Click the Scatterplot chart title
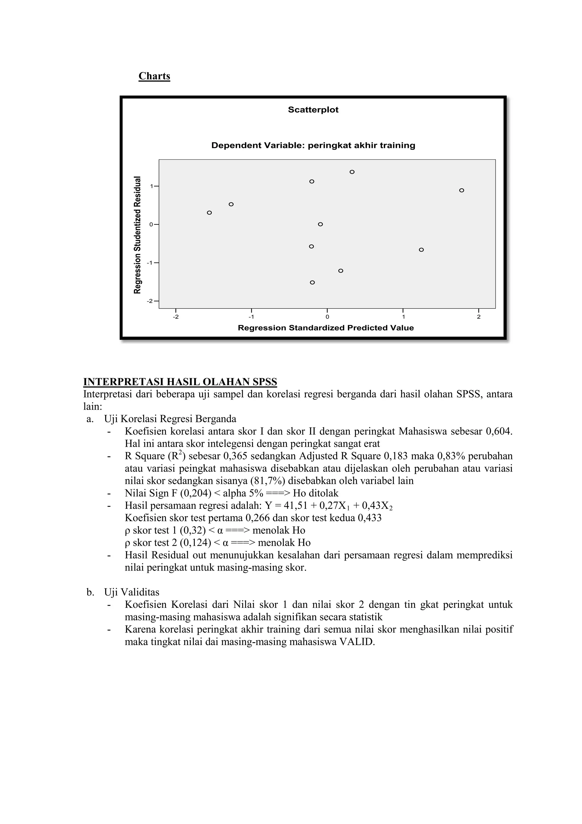[313, 110]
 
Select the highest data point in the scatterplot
[352, 172]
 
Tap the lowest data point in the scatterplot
[312, 283]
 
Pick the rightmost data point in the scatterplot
[462, 190]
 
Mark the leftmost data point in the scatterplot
[209, 213]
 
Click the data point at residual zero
[320, 224]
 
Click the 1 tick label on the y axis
[151, 186]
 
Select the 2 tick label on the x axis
[479, 317]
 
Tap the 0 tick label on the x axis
[327, 317]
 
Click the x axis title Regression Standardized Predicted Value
[326, 328]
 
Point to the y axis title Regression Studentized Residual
[137, 235]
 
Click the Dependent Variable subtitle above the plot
[313, 145]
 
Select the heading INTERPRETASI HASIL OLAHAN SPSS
[180, 382]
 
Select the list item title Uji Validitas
[132, 592]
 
